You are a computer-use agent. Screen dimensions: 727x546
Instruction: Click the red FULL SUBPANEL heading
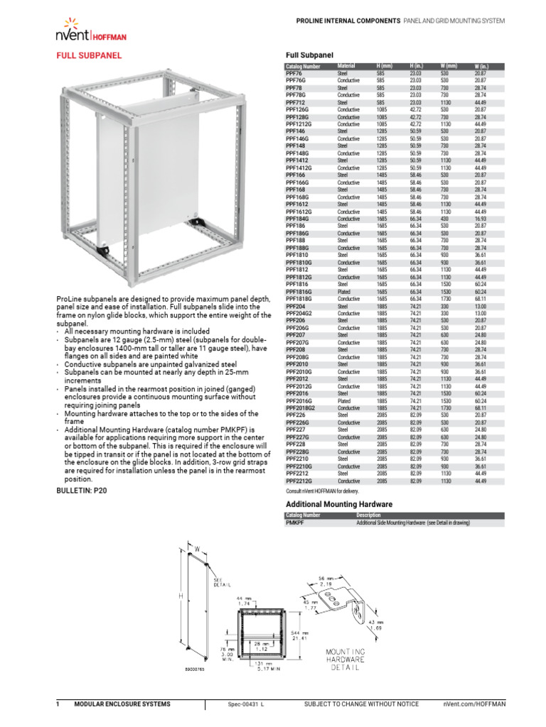(x=88, y=55)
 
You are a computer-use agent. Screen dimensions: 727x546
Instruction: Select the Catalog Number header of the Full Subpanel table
(x=303, y=66)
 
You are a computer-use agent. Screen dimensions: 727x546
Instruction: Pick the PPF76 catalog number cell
(x=294, y=73)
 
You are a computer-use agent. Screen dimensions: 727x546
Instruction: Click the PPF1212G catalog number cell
(x=299, y=124)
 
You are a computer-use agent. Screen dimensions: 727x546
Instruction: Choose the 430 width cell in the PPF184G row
(x=444, y=219)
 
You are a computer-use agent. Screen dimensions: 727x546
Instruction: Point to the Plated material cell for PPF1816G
(x=346, y=292)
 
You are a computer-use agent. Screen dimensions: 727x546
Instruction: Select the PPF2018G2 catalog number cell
(x=301, y=408)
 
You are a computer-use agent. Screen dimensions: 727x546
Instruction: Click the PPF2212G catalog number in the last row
(x=299, y=481)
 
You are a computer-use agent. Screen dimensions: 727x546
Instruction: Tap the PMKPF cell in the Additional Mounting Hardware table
(x=294, y=523)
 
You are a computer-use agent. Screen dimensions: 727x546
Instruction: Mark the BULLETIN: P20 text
(x=81, y=491)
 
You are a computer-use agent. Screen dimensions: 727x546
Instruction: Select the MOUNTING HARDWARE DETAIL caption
(x=346, y=660)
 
